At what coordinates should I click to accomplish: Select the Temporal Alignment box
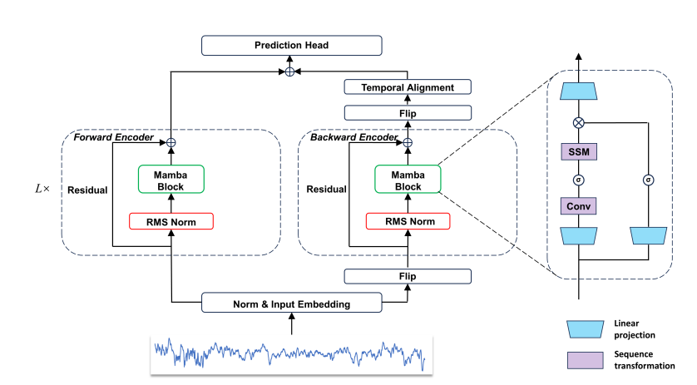pyautogui.click(x=408, y=87)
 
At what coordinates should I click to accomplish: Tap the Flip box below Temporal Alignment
pyautogui.click(x=408, y=112)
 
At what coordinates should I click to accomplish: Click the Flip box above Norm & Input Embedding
pyautogui.click(x=408, y=276)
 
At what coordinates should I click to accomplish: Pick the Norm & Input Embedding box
pyautogui.click(x=291, y=304)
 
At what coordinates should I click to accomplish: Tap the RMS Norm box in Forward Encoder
pyautogui.click(x=171, y=221)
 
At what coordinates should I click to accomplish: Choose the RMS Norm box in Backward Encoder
pyautogui.click(x=408, y=221)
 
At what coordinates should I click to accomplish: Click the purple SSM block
pyautogui.click(x=579, y=152)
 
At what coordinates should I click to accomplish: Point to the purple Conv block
pyautogui.click(x=579, y=205)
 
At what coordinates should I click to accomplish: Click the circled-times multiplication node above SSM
pyautogui.click(x=579, y=122)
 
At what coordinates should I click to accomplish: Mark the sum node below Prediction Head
pyautogui.click(x=289, y=72)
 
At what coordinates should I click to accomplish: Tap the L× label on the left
pyautogui.click(x=41, y=190)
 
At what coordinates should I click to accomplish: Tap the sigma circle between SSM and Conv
pyautogui.click(x=579, y=179)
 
